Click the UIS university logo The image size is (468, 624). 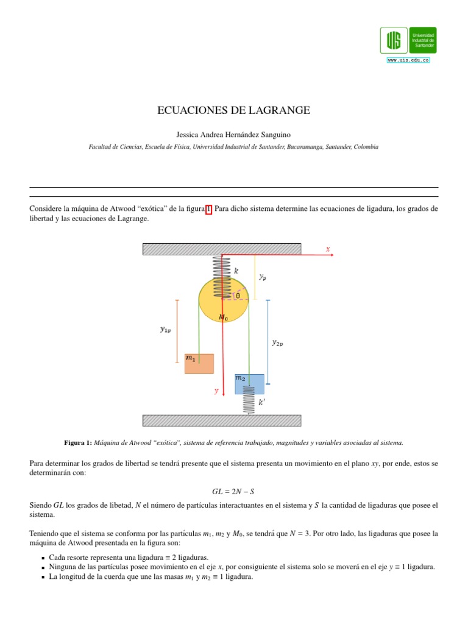point(408,40)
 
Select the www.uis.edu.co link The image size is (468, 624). point(408,60)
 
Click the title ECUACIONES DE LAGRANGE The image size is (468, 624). point(234,110)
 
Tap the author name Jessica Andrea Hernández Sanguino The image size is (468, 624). point(234,134)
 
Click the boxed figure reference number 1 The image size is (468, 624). point(209,208)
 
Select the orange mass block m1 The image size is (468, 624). point(199,363)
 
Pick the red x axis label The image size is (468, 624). point(328,249)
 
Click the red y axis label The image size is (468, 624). point(216,391)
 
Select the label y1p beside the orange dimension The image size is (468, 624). point(165,330)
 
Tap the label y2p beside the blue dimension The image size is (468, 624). point(277,342)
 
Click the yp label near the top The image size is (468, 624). point(262,277)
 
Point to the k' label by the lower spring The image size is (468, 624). point(261,402)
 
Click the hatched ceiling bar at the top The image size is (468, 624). point(222,249)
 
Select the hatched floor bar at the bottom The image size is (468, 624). point(222,420)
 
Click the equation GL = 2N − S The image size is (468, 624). point(234,491)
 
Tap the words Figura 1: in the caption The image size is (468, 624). point(77,442)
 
